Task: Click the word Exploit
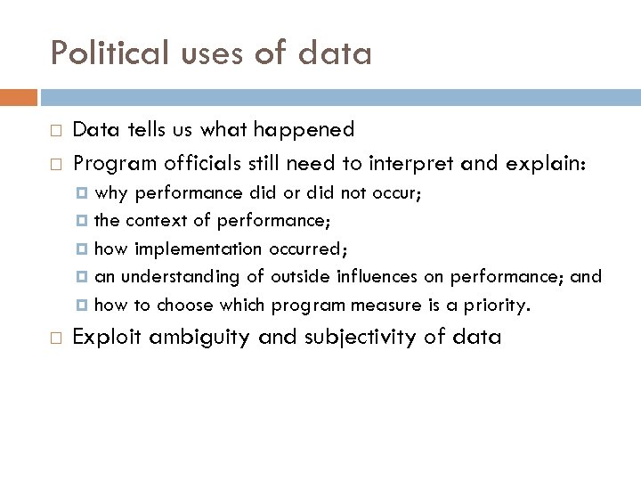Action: click(x=105, y=337)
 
